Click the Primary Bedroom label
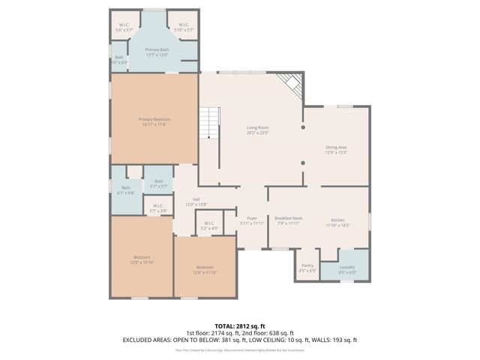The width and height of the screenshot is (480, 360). coord(154,121)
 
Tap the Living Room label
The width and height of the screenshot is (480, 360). coord(257,130)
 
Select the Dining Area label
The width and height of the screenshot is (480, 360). coord(336,150)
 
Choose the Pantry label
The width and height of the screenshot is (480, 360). coord(307,268)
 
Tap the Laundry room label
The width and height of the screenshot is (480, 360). coord(346,269)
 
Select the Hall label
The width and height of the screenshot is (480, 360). coord(196,201)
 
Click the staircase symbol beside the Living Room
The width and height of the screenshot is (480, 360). coord(210,122)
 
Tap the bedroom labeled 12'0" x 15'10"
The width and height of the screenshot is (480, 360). coord(142,259)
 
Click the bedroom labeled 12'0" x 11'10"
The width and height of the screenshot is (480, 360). coord(205,270)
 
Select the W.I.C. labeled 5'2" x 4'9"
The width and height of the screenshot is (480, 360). coord(208,225)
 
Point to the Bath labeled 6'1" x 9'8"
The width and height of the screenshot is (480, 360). coord(126,190)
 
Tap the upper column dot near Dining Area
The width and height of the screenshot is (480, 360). coord(303,128)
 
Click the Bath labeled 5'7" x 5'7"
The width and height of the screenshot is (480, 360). coord(158,183)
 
